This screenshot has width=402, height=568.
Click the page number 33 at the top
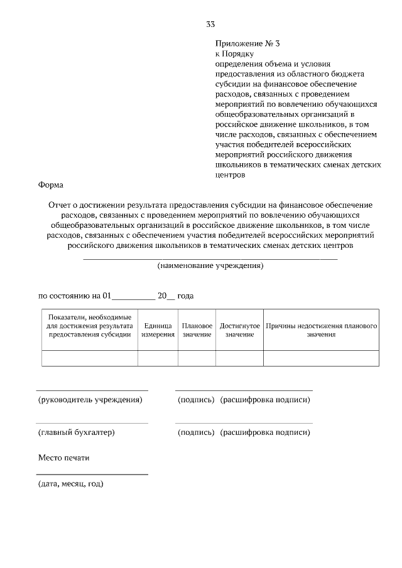coord(210,24)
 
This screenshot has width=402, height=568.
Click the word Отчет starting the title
coord(60,205)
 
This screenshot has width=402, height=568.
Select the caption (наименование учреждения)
coord(210,266)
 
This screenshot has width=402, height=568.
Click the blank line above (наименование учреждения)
coord(210,258)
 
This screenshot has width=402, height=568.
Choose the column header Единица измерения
coord(158,330)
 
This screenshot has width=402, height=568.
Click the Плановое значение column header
coord(197,330)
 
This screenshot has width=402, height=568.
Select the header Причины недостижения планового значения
coord(320,330)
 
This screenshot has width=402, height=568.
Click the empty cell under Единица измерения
coord(158,358)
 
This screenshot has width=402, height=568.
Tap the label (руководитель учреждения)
coord(90,400)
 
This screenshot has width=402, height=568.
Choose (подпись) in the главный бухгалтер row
coord(196,432)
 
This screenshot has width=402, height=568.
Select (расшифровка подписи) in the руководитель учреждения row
coord(265,400)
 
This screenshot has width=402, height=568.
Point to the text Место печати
coord(64,458)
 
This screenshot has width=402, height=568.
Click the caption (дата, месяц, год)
coord(71,483)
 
